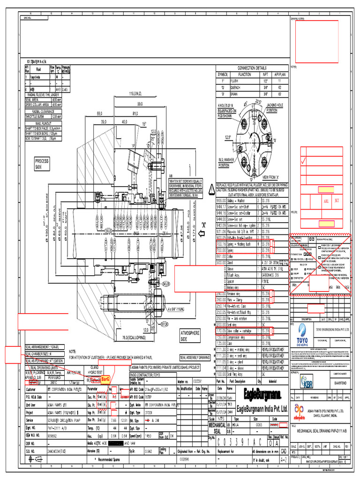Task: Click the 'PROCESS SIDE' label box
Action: pyautogui.click(x=42, y=163)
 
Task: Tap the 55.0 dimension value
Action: pyautogui.click(x=99, y=113)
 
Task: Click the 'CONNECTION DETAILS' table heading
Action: pyautogui.click(x=251, y=68)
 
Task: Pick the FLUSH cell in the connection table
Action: pyautogui.click(x=244, y=80)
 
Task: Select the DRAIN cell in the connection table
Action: pyautogui.click(x=244, y=93)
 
